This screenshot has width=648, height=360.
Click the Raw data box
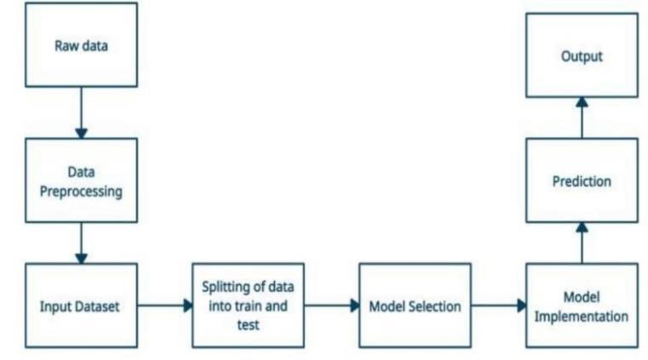(81, 45)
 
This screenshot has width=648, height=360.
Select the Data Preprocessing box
(81, 180)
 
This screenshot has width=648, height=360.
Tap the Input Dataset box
(81, 306)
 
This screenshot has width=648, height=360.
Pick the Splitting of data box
(248, 306)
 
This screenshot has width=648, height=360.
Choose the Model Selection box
(415, 306)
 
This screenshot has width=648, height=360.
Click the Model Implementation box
(582, 306)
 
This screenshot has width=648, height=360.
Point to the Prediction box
(582, 180)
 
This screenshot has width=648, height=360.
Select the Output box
(582, 55)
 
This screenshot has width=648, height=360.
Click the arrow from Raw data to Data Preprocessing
(81, 111)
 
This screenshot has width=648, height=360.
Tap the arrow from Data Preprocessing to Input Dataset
(81, 243)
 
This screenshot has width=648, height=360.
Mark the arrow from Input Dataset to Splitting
(164, 306)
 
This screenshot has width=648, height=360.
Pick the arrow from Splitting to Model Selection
(331, 306)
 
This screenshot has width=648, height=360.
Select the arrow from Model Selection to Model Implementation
(498, 306)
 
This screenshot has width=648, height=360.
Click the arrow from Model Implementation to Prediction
(582, 243)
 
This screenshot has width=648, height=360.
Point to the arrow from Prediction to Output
(582, 117)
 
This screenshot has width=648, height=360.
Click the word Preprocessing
(81, 191)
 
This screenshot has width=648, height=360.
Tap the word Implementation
(582, 317)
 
